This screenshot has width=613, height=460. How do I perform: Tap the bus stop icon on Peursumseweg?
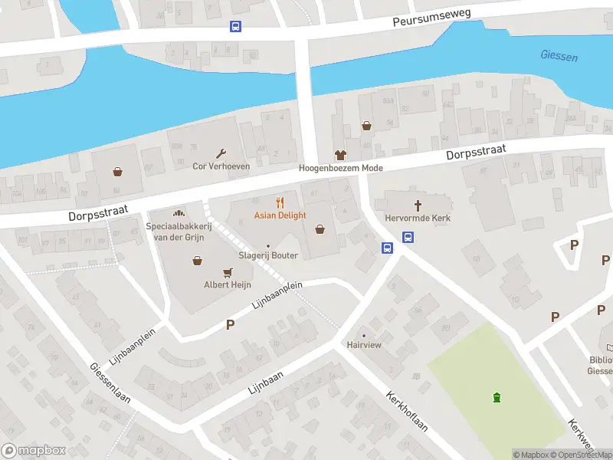235,26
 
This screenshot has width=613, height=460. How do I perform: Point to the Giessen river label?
559,57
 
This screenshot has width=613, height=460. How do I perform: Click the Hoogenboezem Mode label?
340,168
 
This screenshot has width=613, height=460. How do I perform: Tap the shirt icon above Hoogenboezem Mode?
340,155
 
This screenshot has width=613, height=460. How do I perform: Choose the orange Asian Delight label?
280,215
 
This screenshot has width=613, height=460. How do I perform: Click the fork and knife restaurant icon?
280,203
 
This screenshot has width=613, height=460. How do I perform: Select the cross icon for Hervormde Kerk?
418,205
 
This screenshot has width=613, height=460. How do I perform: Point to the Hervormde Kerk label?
418,218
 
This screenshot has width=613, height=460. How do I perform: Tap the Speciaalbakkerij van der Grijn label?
177,232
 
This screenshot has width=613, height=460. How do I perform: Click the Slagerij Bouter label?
267,255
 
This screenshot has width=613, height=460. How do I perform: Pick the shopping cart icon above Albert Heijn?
227,272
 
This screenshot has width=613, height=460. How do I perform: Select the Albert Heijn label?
227,284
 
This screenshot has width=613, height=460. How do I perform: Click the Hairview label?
364,346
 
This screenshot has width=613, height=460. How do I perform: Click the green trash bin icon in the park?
497,396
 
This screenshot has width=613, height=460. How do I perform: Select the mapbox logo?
33,451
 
